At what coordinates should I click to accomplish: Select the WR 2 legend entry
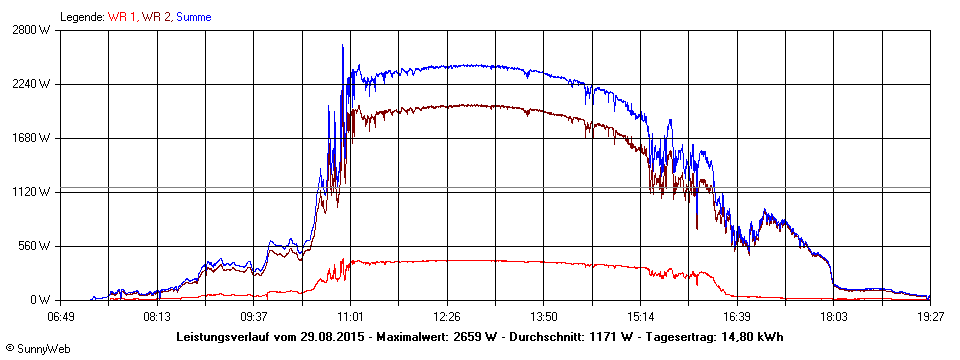(155, 17)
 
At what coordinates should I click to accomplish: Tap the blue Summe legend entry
(193, 17)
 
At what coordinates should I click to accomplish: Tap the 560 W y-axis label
(37, 246)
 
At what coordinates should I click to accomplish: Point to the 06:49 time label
(61, 317)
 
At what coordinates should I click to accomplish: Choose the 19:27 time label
(930, 317)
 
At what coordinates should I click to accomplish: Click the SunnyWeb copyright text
(37, 349)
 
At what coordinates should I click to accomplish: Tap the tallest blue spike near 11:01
(343, 46)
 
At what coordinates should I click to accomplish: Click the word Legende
(81, 17)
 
